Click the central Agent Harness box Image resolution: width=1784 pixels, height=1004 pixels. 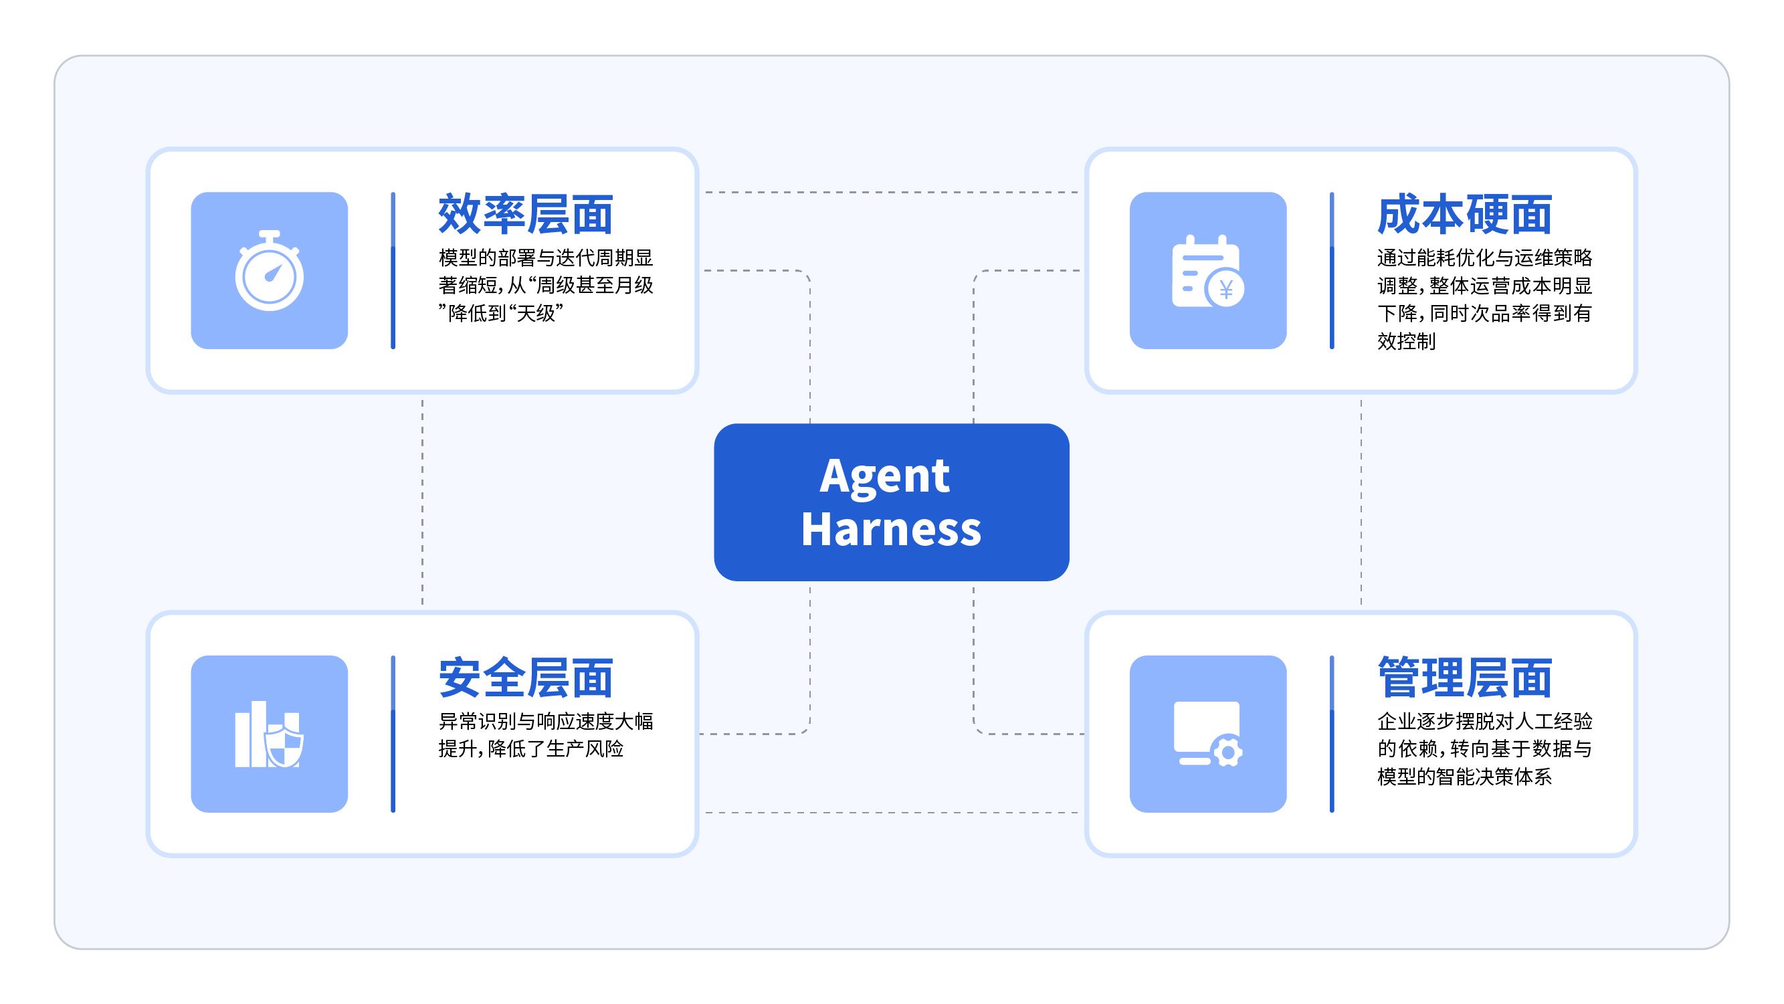click(891, 502)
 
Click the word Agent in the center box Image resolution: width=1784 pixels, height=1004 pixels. click(884, 478)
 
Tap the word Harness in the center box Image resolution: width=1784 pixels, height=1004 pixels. click(891, 530)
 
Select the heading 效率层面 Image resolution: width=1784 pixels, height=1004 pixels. click(526, 215)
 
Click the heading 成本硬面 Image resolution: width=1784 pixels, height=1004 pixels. click(1465, 215)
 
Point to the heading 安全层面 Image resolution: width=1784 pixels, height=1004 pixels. click(526, 678)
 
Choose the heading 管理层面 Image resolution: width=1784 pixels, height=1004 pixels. click(1465, 678)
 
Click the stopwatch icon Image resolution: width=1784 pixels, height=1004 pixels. click(270, 271)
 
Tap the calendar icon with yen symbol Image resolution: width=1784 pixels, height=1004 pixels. click(1208, 272)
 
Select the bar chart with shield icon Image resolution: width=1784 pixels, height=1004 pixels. click(270, 734)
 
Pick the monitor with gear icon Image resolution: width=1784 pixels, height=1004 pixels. click(1208, 734)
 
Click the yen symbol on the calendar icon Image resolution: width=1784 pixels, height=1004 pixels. click(1226, 290)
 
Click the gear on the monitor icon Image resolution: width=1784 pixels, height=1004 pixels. click(1228, 751)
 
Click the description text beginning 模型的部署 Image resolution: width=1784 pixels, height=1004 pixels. click(546, 285)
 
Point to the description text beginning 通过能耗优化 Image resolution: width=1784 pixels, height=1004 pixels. click(1485, 299)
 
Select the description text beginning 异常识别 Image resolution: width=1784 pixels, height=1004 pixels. click(546, 734)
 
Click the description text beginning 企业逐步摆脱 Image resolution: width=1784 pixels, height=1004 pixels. click(1485, 748)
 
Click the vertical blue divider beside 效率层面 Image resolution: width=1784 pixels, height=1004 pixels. click(393, 271)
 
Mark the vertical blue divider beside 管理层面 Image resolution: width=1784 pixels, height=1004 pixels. click(1332, 734)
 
